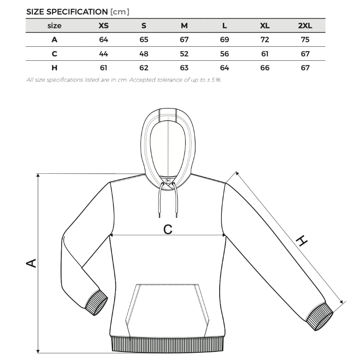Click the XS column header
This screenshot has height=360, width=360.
[x=103, y=26]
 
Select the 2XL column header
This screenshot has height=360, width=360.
[x=305, y=26]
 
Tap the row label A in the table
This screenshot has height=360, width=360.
[x=54, y=40]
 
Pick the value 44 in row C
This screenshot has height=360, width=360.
[x=103, y=54]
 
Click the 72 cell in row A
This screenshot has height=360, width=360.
[x=265, y=40]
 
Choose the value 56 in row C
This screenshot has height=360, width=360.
[x=225, y=54]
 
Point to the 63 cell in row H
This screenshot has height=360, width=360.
[x=184, y=68]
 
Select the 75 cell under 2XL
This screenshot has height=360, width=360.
[x=305, y=40]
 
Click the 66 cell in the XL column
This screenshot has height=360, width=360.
[x=265, y=68]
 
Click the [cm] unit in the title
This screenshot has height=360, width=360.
[x=120, y=12]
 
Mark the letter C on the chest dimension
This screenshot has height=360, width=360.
[x=167, y=229]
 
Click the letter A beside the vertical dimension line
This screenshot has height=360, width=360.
[x=31, y=262]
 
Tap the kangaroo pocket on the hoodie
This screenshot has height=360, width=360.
[x=167, y=310]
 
